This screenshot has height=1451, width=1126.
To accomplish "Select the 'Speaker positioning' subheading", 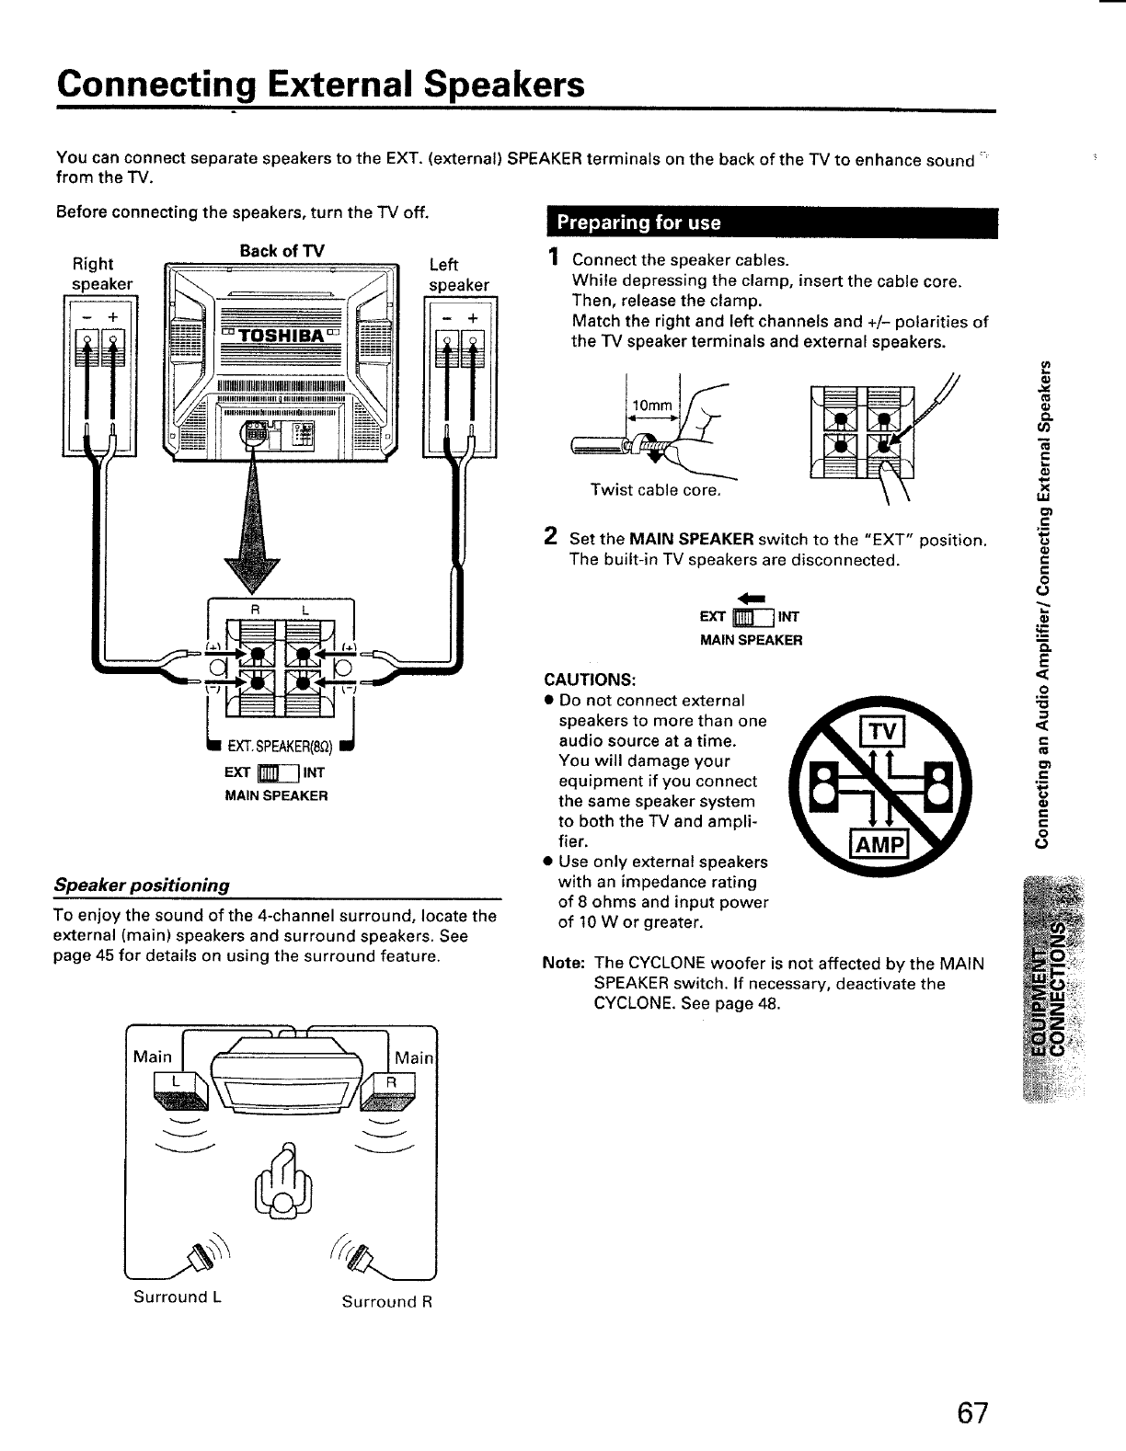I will point(142,885).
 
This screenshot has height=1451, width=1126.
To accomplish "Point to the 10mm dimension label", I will point(652,406).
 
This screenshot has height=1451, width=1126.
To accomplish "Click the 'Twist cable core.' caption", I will point(654,490).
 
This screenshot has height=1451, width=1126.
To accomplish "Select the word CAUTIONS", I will point(590,680).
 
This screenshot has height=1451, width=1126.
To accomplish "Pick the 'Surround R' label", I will point(386,1302).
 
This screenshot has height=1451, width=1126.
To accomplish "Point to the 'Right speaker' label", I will point(101,274).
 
